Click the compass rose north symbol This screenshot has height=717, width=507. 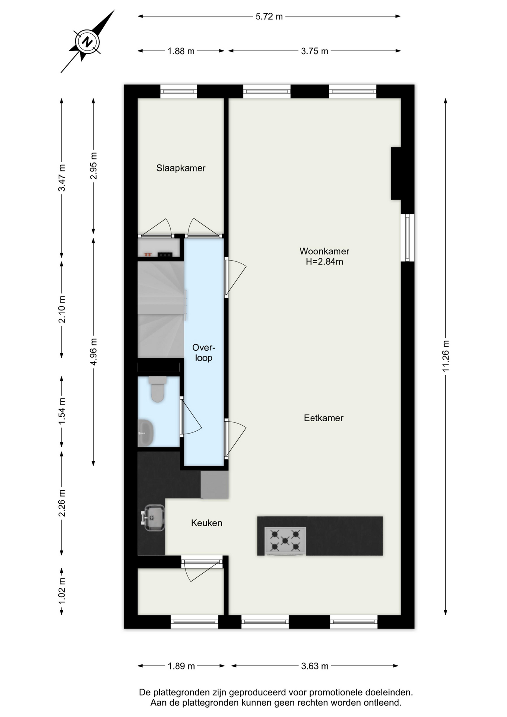click(87, 41)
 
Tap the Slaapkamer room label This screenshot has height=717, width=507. click(181, 168)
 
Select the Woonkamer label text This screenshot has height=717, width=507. click(324, 251)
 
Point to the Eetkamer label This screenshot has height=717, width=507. click(323, 418)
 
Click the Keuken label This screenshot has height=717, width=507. click(206, 523)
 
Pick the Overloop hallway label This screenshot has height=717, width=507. click(204, 353)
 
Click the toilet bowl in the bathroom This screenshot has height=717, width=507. click(158, 389)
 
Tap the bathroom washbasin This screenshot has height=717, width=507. click(146, 433)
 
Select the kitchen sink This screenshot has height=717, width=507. click(153, 518)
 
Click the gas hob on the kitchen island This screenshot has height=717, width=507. click(285, 541)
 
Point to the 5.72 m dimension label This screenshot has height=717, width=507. click(269, 16)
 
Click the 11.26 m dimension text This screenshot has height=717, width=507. click(445, 356)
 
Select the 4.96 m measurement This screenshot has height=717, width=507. click(93, 352)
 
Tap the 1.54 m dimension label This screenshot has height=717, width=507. click(62, 411)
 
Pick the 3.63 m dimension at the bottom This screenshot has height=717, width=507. click(315, 666)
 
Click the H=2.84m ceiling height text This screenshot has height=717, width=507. click(324, 261)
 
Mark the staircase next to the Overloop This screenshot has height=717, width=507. click(161, 310)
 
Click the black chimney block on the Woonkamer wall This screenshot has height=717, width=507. click(396, 173)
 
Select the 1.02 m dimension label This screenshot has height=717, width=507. click(62, 590)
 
